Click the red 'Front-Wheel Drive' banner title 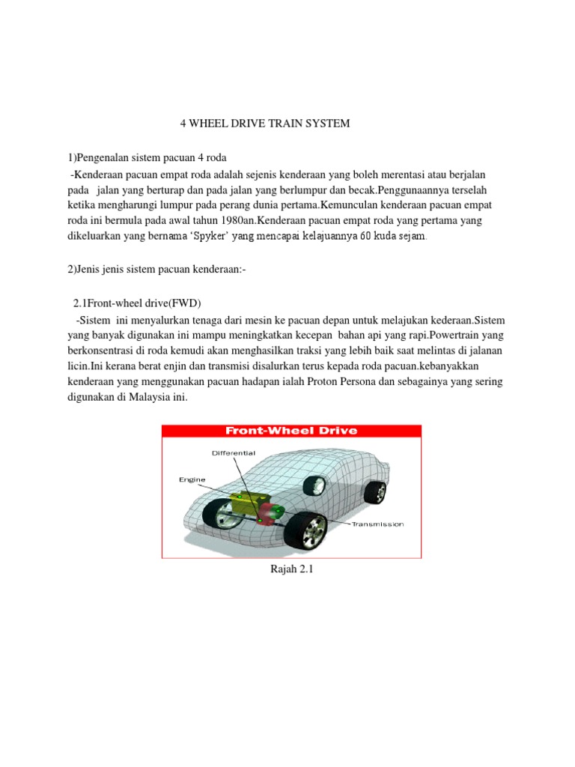point(291,431)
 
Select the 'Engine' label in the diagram point(192,479)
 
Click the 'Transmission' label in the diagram point(377,524)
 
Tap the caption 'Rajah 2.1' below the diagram point(290,570)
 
